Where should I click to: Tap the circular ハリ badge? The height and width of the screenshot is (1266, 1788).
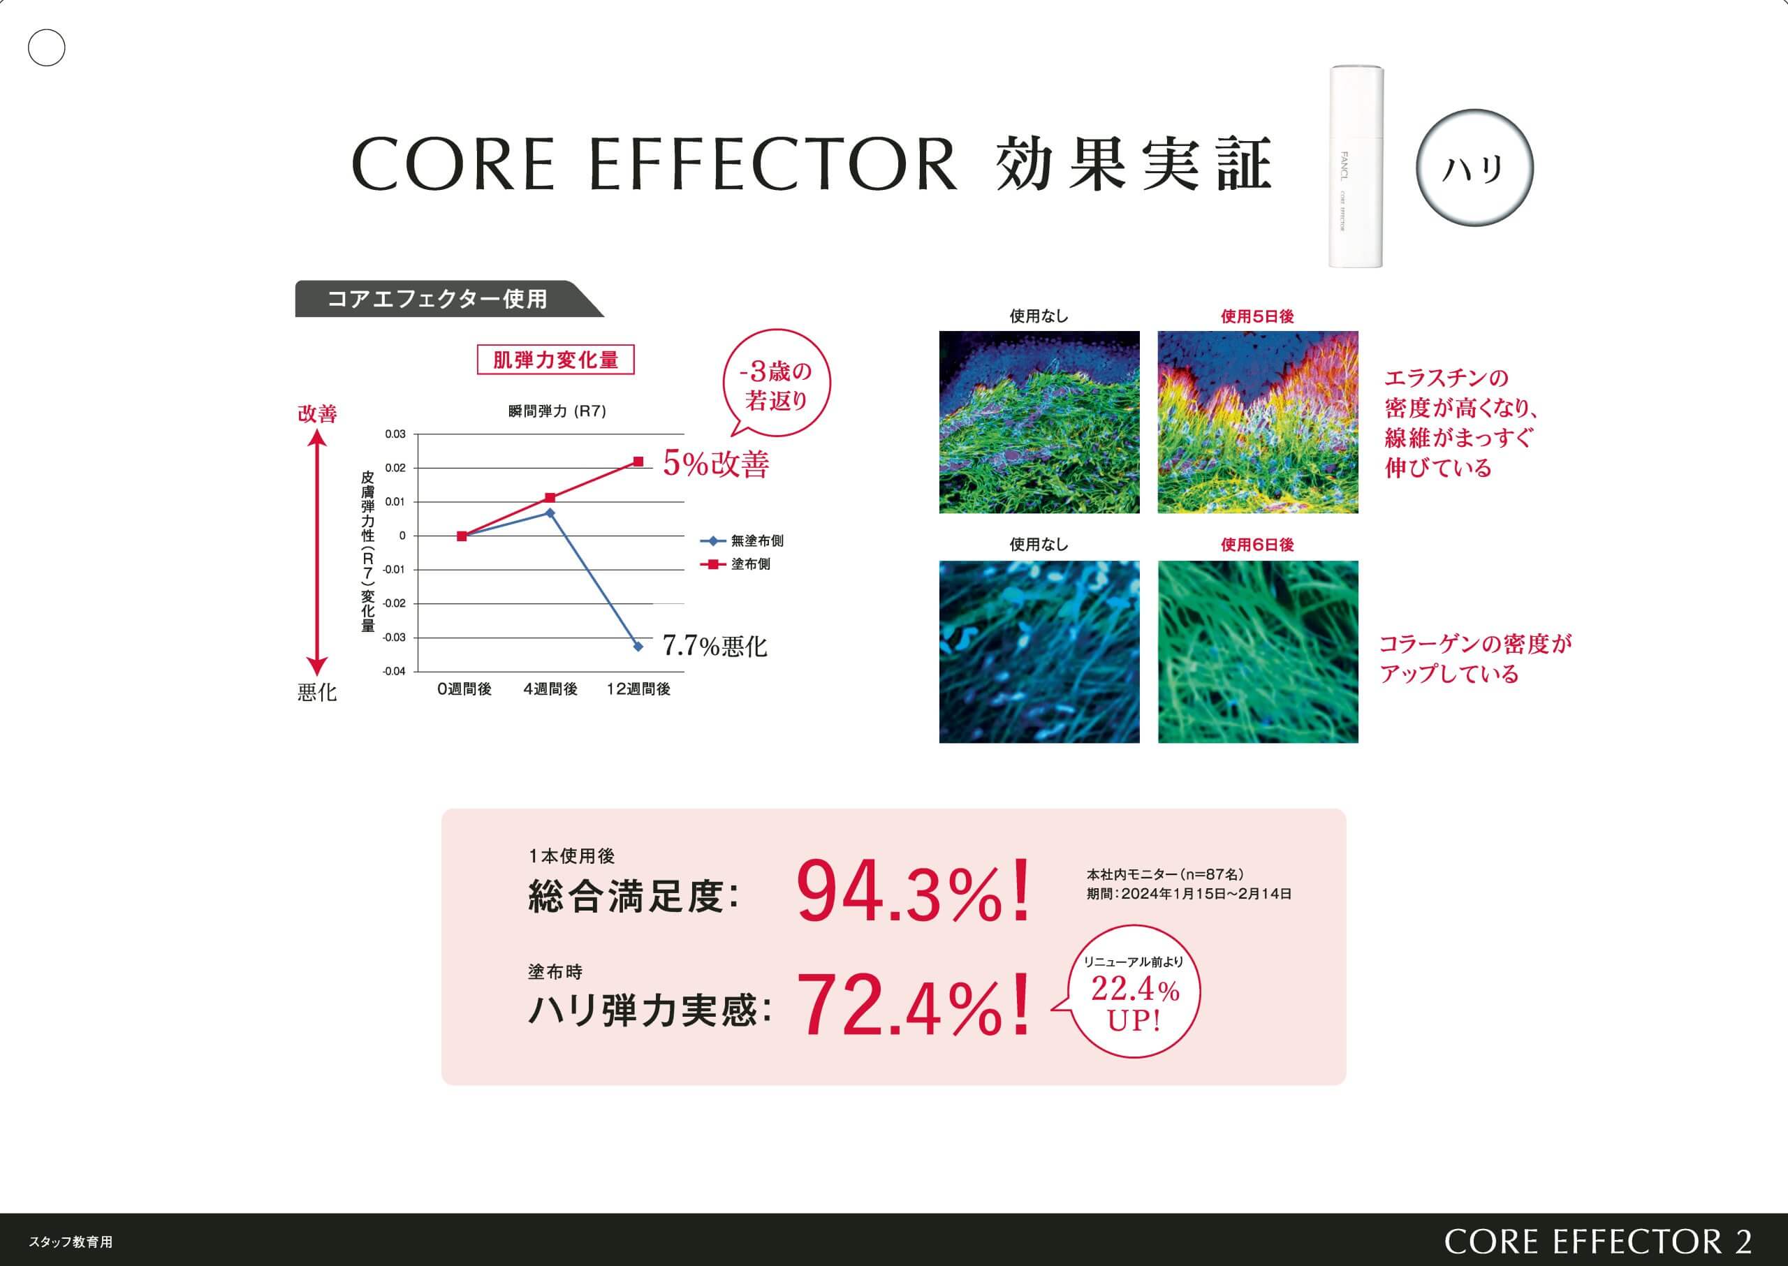[1474, 168]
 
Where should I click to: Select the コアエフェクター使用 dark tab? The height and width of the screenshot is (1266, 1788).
[449, 299]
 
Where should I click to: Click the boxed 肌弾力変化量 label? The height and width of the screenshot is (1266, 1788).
[555, 360]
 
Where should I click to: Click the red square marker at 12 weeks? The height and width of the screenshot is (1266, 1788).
[638, 462]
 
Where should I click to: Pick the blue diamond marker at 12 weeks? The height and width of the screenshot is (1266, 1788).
[638, 646]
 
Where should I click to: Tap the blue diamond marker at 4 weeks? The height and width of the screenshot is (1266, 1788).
[550, 513]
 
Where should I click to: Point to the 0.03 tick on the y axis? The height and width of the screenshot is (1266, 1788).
[395, 434]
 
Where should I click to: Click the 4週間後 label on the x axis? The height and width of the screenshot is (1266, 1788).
[550, 689]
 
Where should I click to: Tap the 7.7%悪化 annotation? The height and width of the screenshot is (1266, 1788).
[715, 646]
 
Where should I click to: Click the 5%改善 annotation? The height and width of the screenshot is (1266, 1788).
[716, 464]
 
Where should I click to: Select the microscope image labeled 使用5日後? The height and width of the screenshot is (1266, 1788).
[1257, 422]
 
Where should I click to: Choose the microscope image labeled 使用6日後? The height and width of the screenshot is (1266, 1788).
[1257, 652]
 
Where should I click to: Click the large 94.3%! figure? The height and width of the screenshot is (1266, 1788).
[913, 891]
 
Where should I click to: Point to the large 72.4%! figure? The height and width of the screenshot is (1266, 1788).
[913, 1005]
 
